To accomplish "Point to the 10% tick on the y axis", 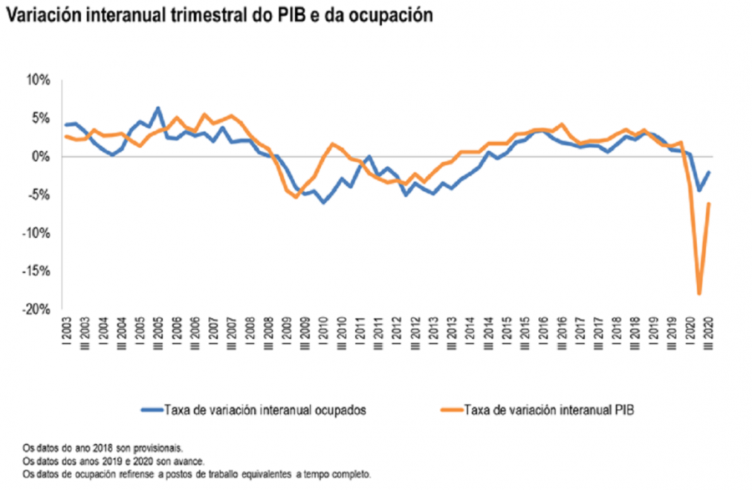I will click(39, 80).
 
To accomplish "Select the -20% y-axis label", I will click(38, 309).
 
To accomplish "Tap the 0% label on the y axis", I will click(42, 157).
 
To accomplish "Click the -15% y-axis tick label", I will click(38, 271).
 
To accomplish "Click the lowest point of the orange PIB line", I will click(699, 294).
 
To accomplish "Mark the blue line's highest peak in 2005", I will click(157, 109).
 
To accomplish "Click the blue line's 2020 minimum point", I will click(699, 190).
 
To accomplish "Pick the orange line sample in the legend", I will click(449, 409).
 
